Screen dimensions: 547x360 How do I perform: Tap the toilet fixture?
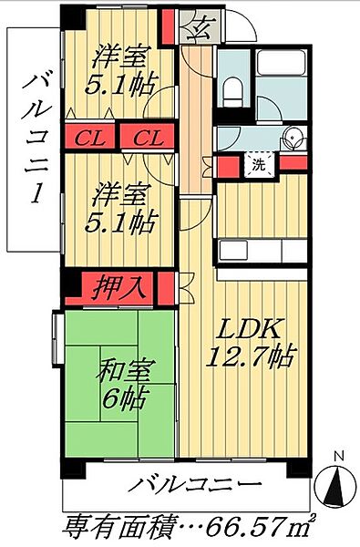(233, 88)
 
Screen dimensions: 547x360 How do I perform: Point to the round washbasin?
(290, 139)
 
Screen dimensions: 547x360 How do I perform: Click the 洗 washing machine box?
(259, 167)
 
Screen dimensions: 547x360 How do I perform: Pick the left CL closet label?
(88, 139)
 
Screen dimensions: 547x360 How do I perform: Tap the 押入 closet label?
(121, 287)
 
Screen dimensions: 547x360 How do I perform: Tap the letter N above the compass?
(337, 457)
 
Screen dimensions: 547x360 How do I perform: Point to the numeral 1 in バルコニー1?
(36, 194)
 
